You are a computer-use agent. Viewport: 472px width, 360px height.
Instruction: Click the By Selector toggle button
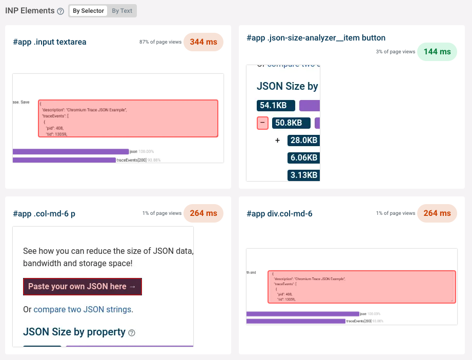coord(88,11)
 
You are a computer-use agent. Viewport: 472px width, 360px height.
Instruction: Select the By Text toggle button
coord(122,11)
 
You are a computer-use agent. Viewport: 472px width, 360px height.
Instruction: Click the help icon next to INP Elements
coord(60,11)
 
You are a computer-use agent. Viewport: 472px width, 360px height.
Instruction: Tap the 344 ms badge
coord(203,42)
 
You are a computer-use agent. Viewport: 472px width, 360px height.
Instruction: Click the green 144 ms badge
coord(437,52)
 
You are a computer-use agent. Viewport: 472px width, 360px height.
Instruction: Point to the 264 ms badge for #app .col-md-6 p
coord(203,213)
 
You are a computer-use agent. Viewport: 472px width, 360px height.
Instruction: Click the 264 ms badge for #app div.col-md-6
coord(437,213)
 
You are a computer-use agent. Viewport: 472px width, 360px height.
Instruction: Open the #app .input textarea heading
coord(50,42)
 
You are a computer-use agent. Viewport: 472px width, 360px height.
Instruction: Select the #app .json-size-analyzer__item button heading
coord(316,38)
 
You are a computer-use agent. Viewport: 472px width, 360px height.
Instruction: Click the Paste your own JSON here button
coord(82,287)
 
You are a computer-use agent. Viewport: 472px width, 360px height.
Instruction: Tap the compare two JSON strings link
coord(82,310)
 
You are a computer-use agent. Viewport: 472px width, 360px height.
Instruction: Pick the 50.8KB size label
coord(291,123)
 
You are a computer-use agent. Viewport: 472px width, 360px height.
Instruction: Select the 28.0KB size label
coord(304,141)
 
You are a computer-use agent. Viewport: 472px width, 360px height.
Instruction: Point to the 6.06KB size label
coord(304,158)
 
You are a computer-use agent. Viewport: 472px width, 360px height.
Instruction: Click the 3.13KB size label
coord(304,175)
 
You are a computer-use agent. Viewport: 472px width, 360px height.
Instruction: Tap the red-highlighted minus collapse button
coord(262,123)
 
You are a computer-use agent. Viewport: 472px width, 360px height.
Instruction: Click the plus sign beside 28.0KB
coord(277,141)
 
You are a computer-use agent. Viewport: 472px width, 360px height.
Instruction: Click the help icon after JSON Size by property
coord(132,333)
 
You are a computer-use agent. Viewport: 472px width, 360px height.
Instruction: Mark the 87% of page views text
coord(160,42)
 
